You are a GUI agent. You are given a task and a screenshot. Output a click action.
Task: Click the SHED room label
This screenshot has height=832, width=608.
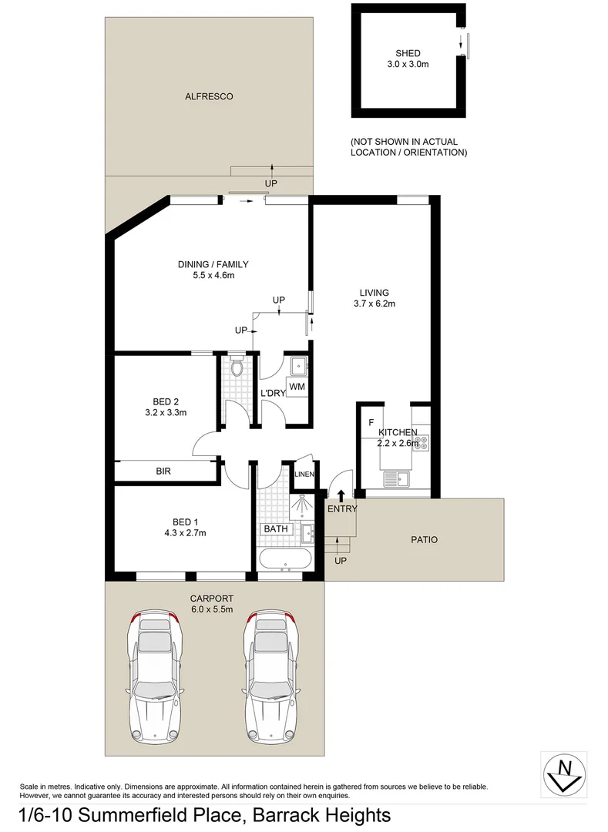(x=408, y=53)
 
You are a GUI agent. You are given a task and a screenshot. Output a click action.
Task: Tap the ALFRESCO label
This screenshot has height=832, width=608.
(x=209, y=96)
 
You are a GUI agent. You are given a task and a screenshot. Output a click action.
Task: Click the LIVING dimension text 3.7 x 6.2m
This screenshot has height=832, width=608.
(x=374, y=304)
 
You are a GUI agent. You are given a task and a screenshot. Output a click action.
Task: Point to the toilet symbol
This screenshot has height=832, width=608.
(x=237, y=367)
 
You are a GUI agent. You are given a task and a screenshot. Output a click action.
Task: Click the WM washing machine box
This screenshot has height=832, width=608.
(x=297, y=385)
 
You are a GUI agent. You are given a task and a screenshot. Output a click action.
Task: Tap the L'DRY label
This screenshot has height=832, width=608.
(x=273, y=393)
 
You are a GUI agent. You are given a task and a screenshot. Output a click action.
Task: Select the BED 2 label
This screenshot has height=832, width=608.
(x=166, y=401)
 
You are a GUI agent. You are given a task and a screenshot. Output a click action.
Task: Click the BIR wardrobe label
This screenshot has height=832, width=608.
(x=163, y=470)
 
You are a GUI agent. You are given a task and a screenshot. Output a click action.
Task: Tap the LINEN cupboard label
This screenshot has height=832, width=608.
(x=304, y=474)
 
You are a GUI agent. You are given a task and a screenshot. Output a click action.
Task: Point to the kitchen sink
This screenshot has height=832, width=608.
(x=398, y=479)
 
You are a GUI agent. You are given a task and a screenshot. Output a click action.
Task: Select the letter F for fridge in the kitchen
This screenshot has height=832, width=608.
(x=371, y=423)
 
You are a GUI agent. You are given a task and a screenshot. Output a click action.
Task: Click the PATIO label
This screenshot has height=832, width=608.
(x=423, y=540)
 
